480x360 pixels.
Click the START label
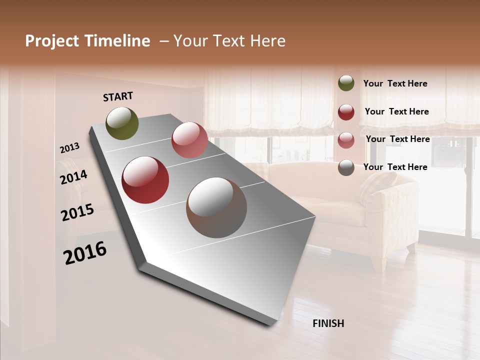click(118, 96)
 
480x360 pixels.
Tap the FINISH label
click(328, 323)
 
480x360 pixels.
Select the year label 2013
click(70, 148)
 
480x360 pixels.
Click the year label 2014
click(74, 177)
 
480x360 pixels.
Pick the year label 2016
click(85, 253)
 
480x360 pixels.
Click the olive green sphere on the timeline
click(122, 123)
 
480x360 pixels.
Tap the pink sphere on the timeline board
click(189, 140)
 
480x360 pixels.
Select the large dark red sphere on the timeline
click(145, 180)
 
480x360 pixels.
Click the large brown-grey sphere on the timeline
click(216, 207)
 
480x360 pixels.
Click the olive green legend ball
click(346, 83)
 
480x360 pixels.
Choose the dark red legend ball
click(346, 112)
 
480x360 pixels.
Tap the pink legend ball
click(346, 140)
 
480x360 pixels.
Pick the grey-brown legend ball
click(346, 167)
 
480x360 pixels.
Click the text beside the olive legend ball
click(395, 84)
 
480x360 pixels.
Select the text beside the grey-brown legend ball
click(395, 167)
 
